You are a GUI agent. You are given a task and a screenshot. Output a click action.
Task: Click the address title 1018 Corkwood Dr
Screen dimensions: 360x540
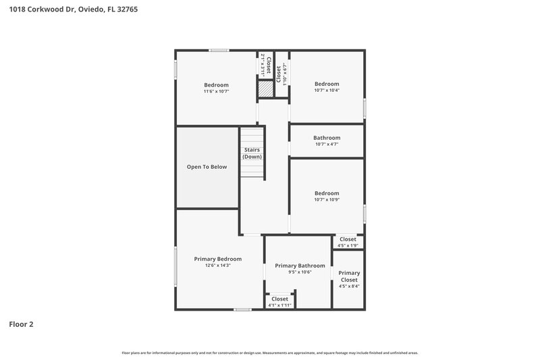(x=74, y=9)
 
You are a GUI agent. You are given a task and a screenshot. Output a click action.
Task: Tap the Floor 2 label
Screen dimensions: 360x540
(x=21, y=324)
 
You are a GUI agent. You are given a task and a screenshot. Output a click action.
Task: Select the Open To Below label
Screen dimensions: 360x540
(x=207, y=167)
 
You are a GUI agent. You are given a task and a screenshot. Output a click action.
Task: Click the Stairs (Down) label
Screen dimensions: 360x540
(x=252, y=153)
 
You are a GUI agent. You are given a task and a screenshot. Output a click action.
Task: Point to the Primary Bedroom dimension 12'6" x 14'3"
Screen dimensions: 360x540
(x=218, y=265)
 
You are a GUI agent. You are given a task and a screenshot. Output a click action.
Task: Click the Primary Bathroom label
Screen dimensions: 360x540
(x=300, y=265)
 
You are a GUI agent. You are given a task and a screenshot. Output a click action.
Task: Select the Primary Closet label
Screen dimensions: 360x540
(x=349, y=276)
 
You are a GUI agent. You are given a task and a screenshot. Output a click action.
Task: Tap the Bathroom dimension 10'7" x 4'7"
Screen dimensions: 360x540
(x=327, y=144)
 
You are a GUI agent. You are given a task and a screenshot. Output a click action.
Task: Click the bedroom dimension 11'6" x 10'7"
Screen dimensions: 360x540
(x=217, y=91)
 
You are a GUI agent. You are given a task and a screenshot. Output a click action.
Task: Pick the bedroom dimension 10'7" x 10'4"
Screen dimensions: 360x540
(x=327, y=91)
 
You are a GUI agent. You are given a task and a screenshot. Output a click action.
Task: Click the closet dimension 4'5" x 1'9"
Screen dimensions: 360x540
(x=348, y=245)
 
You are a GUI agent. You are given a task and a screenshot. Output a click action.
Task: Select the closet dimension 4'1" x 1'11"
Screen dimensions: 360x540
(x=279, y=305)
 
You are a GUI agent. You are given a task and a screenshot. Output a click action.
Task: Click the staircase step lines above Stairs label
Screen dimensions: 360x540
(x=252, y=135)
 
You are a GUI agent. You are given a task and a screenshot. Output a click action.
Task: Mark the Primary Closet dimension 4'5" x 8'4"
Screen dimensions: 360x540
(x=349, y=286)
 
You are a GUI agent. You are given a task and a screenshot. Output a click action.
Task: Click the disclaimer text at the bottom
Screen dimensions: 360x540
(x=270, y=353)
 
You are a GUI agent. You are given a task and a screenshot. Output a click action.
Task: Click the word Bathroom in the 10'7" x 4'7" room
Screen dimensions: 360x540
(x=327, y=138)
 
